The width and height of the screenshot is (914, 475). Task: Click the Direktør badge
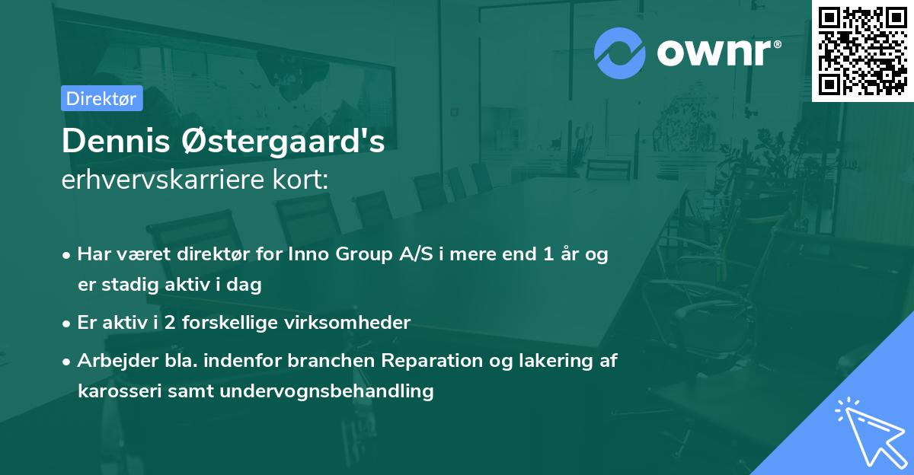(101, 98)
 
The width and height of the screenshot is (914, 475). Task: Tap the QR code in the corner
(863, 51)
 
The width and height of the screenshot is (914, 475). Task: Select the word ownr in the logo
(714, 53)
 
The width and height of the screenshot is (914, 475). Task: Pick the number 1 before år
(548, 255)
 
